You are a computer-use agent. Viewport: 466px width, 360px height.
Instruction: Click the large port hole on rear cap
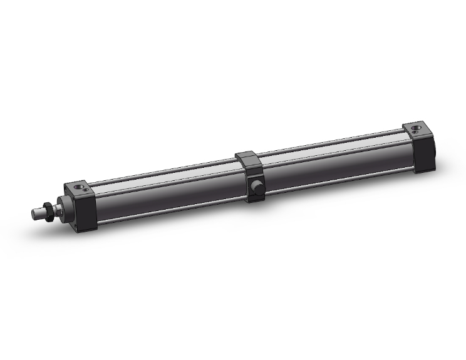[417, 130]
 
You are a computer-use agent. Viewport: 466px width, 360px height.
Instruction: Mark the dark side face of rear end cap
[426, 157]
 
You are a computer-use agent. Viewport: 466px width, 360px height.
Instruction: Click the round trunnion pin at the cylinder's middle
[255, 187]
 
